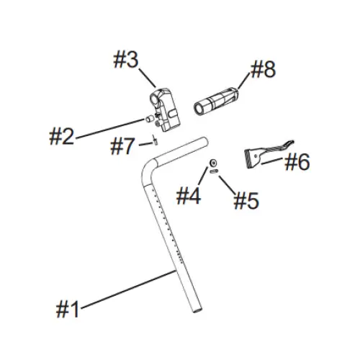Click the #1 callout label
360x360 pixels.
tap(67, 310)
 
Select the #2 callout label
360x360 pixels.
tap(61, 136)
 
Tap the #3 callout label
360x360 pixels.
tap(126, 60)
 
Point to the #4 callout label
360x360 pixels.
tap(189, 196)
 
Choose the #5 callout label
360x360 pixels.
tap(246, 200)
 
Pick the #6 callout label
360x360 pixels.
tap(297, 162)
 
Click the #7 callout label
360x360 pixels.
tap(122, 146)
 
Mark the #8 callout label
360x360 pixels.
tap(263, 69)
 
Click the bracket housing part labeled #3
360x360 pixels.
tap(165, 109)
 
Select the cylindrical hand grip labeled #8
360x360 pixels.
tap(215, 102)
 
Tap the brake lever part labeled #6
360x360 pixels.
tap(264, 153)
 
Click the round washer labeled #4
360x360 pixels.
tap(213, 163)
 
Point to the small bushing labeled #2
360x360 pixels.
tap(149, 119)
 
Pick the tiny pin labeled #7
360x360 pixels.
tap(155, 140)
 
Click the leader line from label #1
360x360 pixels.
tap(128, 289)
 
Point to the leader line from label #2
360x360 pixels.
tap(110, 128)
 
